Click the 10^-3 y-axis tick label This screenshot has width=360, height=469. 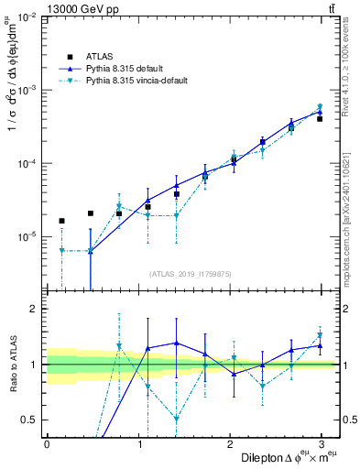pos(27,90)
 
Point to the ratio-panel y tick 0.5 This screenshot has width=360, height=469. pos(30,420)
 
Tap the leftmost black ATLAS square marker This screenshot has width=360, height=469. pos(61,221)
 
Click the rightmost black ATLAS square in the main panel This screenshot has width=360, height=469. pos(320,119)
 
